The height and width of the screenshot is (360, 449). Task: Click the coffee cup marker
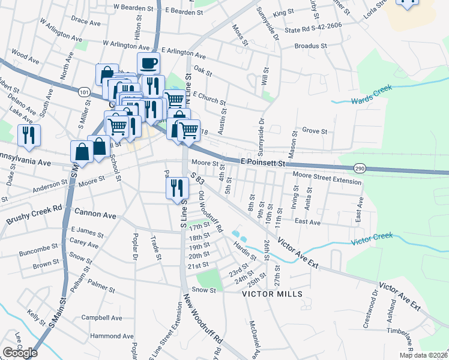[148, 63]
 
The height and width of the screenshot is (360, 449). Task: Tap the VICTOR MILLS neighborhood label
[270, 295]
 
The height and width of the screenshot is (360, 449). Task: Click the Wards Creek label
[372, 94]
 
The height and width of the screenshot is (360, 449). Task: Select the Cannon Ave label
[95, 214]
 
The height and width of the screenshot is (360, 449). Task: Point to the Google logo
[20, 353]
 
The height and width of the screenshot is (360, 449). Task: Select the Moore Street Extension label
[328, 175]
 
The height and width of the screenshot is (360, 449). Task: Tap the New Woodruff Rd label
[204, 326]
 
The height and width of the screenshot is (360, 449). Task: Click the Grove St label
[315, 130]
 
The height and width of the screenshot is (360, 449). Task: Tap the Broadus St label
[310, 46]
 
